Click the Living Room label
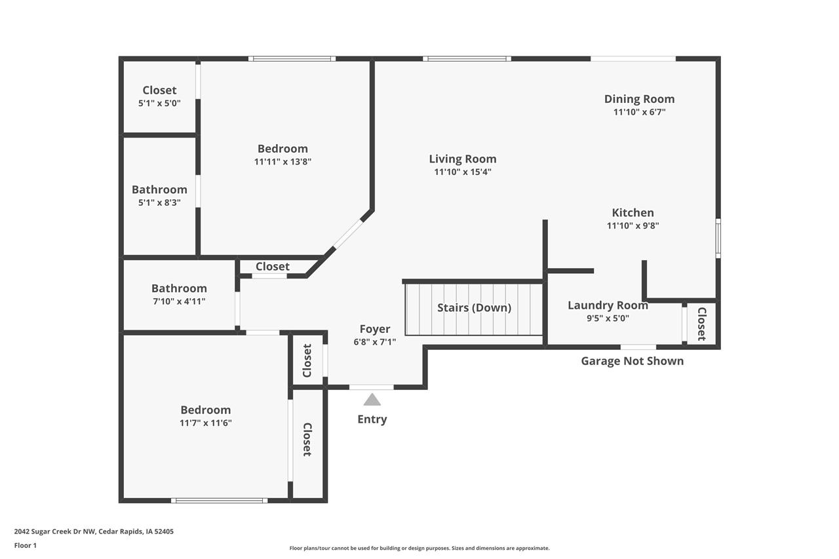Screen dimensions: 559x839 click(462, 159)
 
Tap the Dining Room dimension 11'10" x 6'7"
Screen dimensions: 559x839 click(639, 112)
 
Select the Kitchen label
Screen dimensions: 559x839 click(633, 212)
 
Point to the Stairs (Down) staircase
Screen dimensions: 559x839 click(474, 308)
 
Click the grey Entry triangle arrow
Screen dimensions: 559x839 click(372, 400)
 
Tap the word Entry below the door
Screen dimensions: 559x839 click(372, 419)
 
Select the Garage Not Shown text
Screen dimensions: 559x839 click(632, 361)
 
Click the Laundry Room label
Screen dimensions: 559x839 click(608, 305)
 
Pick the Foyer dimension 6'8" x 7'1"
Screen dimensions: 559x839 click(374, 341)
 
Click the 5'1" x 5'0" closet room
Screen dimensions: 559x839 click(159, 96)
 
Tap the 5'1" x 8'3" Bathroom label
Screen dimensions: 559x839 click(159, 190)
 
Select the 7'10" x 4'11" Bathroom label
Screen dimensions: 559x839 click(179, 288)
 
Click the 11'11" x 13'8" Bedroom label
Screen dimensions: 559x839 click(283, 149)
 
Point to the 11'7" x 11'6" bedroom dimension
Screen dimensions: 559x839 click(206, 423)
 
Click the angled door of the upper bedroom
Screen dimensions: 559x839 click(348, 233)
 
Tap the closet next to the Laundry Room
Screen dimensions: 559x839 click(701, 323)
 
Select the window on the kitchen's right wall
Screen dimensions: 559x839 click(718, 238)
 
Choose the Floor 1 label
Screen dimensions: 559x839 click(26, 545)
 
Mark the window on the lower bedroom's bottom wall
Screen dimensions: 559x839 click(219, 501)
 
